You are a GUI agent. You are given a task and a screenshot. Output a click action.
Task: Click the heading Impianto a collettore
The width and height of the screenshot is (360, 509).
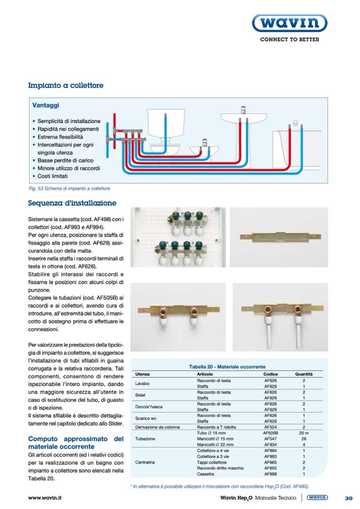pos(66,85)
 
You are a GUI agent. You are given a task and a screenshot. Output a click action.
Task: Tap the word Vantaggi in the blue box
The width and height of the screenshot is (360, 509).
pos(45,106)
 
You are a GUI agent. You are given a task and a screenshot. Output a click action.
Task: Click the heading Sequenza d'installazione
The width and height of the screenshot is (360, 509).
pos(72,203)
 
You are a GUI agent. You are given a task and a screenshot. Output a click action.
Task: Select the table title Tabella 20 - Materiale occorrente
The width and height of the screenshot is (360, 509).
pos(227,367)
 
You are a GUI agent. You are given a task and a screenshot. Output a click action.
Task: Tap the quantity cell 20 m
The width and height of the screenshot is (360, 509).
pos(304,433)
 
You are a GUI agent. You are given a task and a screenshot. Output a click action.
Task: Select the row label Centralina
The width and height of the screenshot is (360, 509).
pos(145,462)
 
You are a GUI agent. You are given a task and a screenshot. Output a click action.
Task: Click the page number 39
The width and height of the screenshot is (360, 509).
pos(348,498)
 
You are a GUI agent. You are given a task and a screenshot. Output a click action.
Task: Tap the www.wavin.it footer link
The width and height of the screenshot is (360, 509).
pos(45,498)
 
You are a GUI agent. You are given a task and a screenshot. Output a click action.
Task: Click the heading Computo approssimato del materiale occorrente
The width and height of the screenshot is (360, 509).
pos(75,443)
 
